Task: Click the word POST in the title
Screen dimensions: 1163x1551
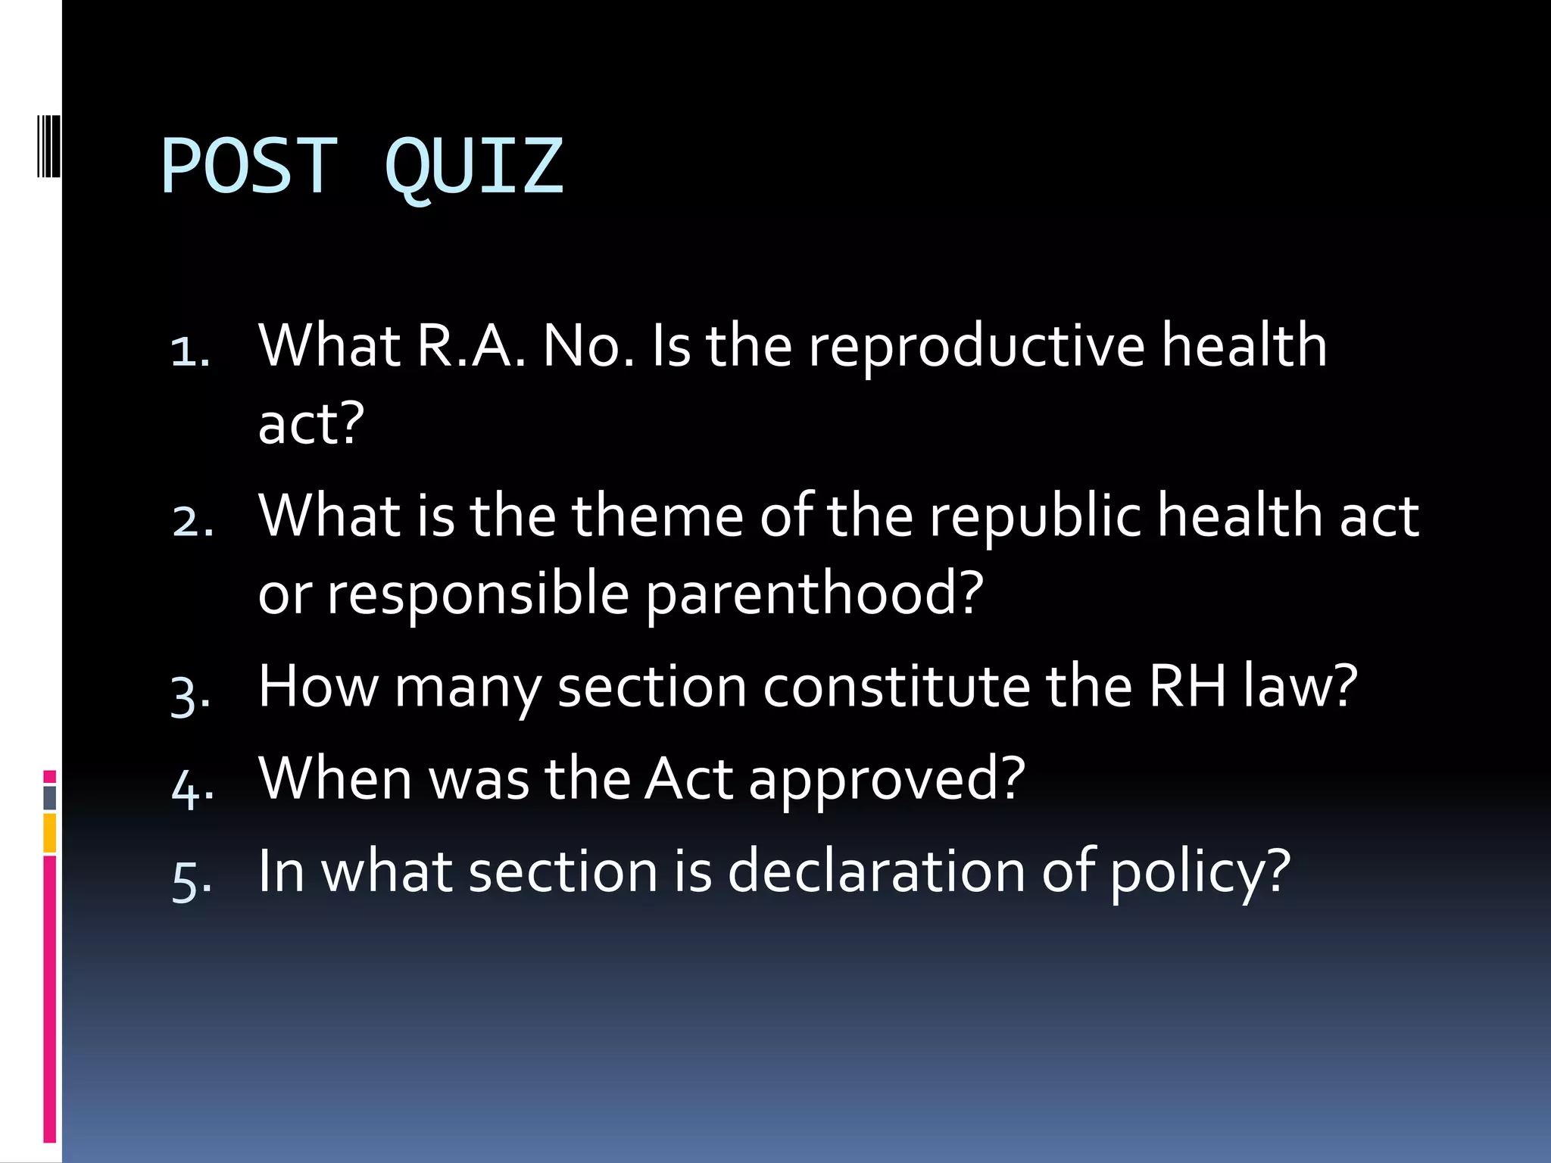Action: click(248, 167)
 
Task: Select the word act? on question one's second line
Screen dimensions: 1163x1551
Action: click(311, 424)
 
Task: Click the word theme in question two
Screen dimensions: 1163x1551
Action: click(657, 516)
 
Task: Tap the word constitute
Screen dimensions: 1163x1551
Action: click(896, 688)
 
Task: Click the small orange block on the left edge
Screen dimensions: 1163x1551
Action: click(50, 833)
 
